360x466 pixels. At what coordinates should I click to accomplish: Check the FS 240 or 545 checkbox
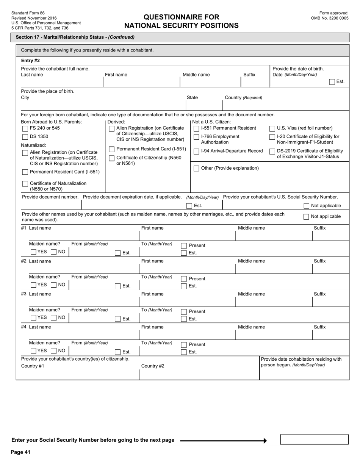pyautogui.click(x=25, y=128)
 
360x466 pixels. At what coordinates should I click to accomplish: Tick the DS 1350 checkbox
pyautogui.click(x=25, y=137)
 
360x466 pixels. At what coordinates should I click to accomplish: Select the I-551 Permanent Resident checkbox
pyautogui.click(x=196, y=128)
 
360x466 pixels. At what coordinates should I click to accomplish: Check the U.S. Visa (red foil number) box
pyautogui.click(x=272, y=128)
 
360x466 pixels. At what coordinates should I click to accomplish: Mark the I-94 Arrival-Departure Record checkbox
pyautogui.click(x=196, y=152)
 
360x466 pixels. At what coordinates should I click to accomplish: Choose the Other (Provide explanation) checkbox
pyautogui.click(x=196, y=169)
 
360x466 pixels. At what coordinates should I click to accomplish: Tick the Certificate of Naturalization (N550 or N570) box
pyautogui.click(x=25, y=184)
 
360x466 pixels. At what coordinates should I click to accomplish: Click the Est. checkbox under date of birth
pyautogui.click(x=332, y=82)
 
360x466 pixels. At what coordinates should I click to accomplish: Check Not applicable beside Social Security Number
pyautogui.click(x=306, y=206)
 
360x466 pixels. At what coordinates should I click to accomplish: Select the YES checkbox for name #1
pyautogui.click(x=33, y=252)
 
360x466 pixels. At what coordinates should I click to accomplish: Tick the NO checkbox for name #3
pyautogui.click(x=54, y=318)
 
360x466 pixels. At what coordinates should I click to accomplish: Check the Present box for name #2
pyautogui.click(x=184, y=279)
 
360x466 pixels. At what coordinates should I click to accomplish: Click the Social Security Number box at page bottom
pyautogui.click(x=314, y=439)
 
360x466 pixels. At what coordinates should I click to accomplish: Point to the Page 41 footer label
pyautogui.click(x=20, y=452)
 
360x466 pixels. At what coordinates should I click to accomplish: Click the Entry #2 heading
pyautogui.click(x=30, y=61)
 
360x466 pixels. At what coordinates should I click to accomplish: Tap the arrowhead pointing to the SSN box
pyautogui.click(x=265, y=440)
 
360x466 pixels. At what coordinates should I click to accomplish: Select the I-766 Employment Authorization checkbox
pyautogui.click(x=196, y=137)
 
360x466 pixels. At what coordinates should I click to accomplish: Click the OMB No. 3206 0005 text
pyautogui.click(x=329, y=18)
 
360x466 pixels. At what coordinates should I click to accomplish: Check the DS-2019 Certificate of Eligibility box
pyautogui.click(x=272, y=152)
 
